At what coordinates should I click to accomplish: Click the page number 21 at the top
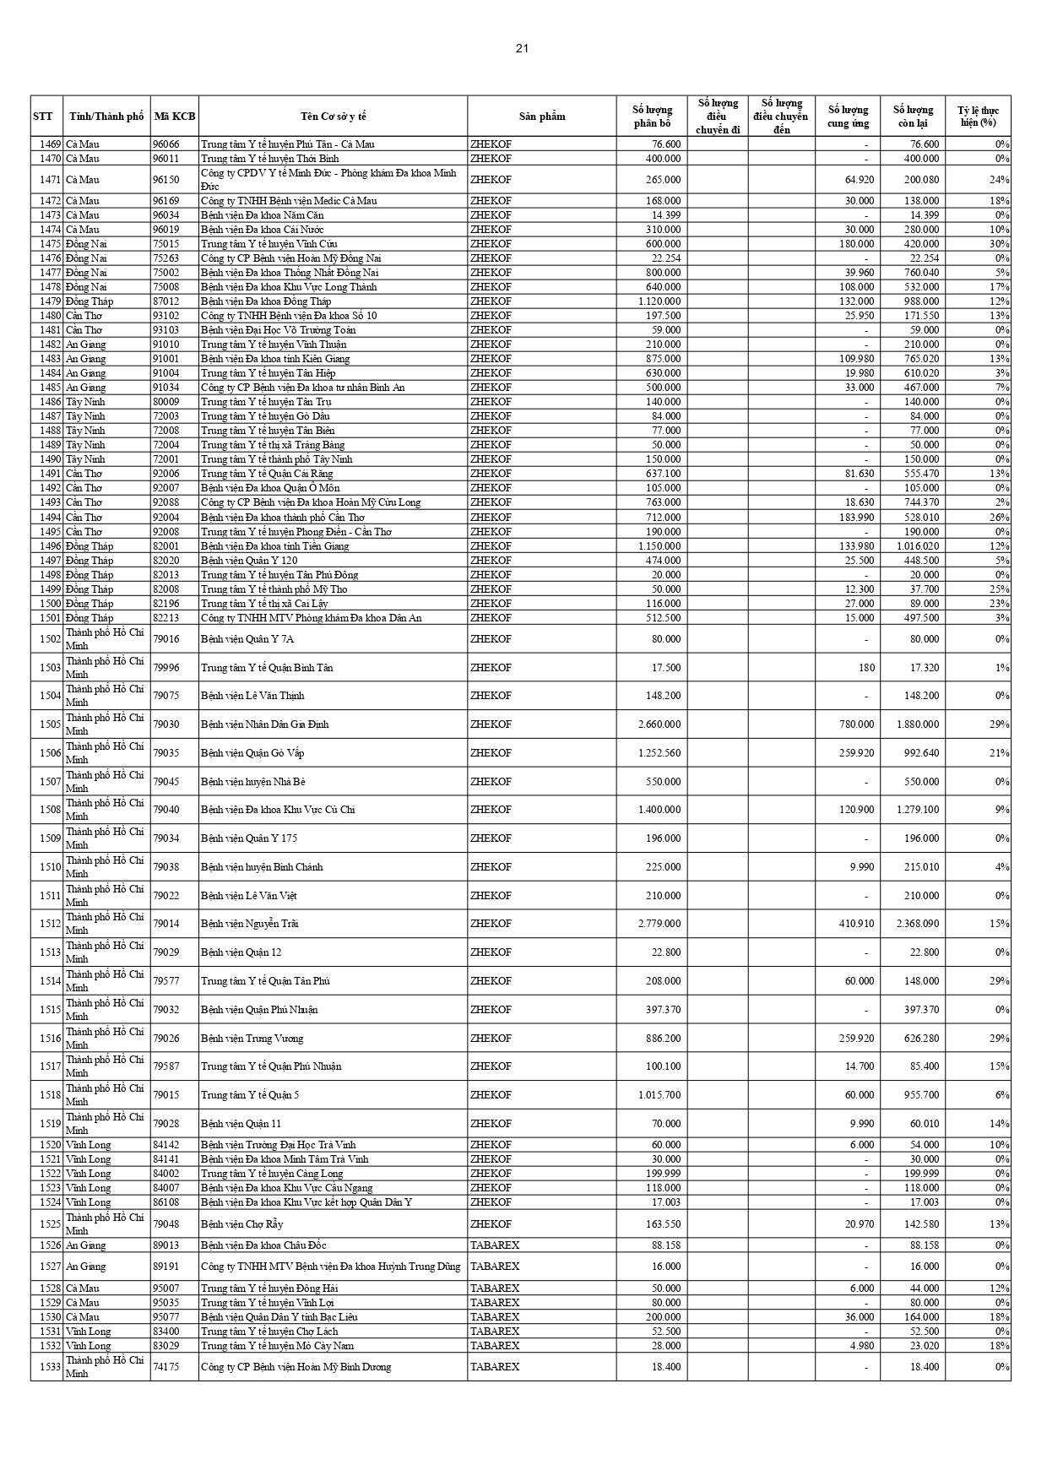pyautogui.click(x=522, y=48)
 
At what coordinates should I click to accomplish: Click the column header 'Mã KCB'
pyautogui.click(x=175, y=117)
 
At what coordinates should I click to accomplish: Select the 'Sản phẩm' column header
pyautogui.click(x=541, y=117)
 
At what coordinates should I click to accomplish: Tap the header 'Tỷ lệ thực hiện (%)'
pyautogui.click(x=978, y=117)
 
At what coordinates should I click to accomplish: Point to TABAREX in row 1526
pyautogui.click(x=495, y=1245)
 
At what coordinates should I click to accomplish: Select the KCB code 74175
pyautogui.click(x=165, y=1367)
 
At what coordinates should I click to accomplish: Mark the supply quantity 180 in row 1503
pyautogui.click(x=866, y=668)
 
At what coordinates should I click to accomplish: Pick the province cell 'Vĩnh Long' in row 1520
pyautogui.click(x=89, y=1145)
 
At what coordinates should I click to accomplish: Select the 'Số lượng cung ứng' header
pyautogui.click(x=847, y=117)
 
